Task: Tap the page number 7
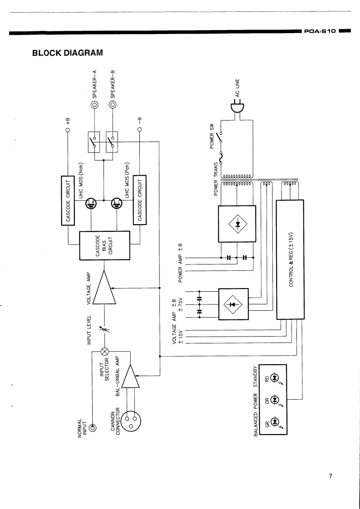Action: pos(331,476)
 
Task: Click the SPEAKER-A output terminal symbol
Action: pos(95,104)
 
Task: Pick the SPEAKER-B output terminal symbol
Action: pos(113,104)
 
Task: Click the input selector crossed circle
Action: pos(104,351)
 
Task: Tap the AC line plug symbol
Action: pos(237,109)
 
